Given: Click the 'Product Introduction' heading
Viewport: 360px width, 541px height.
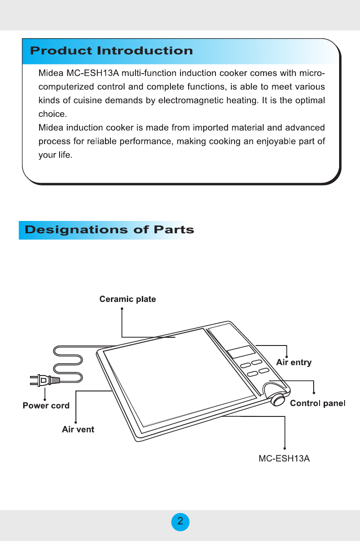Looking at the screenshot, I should click(111, 50).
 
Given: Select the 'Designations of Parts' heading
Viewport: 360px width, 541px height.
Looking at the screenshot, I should click(110, 230).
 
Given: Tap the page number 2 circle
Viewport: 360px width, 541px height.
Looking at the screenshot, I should click(180, 521).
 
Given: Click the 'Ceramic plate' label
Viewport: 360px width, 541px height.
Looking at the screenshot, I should click(128, 299).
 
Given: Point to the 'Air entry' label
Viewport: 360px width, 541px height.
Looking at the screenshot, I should click(294, 362).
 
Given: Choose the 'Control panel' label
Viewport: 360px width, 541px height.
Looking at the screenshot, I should click(318, 403).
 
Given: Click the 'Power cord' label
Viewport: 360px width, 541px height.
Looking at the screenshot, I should click(46, 406).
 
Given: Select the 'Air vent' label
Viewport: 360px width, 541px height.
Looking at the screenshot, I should click(78, 429).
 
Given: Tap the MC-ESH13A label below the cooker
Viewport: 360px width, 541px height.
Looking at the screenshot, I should click(284, 458).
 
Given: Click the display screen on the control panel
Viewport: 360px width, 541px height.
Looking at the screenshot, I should click(241, 351).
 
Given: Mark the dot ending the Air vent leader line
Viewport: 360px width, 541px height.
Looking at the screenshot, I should click(76, 421).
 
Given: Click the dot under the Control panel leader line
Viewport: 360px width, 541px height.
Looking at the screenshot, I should click(314, 394).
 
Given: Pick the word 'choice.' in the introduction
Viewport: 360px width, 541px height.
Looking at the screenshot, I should click(52, 113).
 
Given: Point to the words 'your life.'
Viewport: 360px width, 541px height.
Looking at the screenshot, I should click(55, 155).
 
